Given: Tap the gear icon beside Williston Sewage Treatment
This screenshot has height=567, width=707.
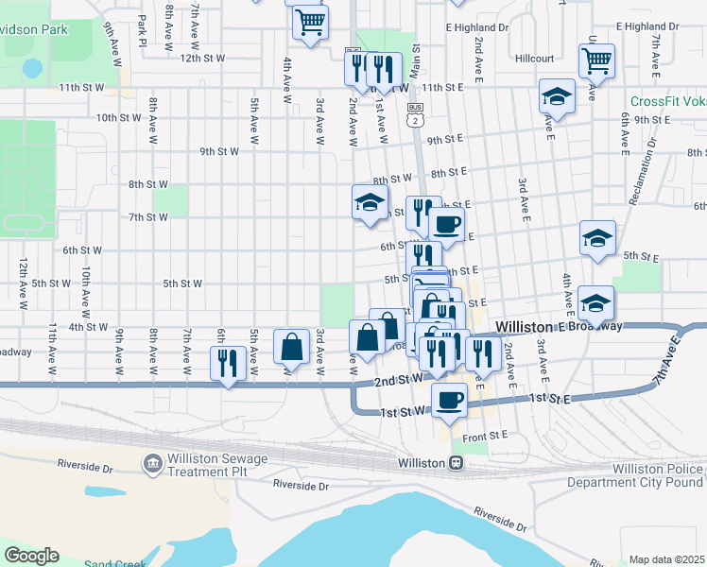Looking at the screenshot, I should click(x=151, y=464).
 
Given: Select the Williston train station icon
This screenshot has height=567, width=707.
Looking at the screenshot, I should click(x=456, y=463).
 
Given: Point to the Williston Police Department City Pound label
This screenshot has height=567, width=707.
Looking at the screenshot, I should click(x=635, y=475).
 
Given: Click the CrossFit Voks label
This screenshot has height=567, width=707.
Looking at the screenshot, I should click(x=667, y=102).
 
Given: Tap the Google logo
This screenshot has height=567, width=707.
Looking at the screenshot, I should click(x=31, y=556).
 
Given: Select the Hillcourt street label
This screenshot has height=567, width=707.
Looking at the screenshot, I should click(x=535, y=59).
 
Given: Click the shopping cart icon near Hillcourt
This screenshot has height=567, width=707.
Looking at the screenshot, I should click(x=596, y=60).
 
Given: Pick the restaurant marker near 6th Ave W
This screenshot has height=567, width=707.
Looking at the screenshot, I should click(x=228, y=363).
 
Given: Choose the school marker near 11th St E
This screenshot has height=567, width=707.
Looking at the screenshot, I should click(x=558, y=96).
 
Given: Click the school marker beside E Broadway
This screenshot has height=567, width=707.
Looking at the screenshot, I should click(x=596, y=303).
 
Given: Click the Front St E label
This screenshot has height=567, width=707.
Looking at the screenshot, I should click(x=486, y=436).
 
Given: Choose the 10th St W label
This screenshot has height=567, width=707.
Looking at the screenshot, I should click(x=119, y=118).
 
